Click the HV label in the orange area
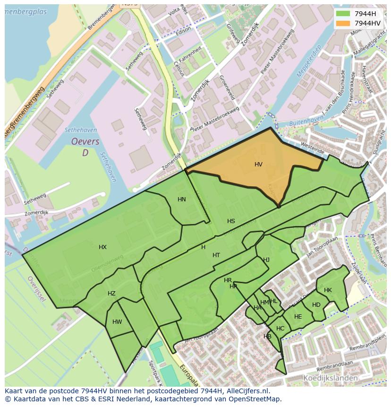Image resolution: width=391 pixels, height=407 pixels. click(x=258, y=165)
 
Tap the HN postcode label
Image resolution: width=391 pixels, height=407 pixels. click(x=182, y=199)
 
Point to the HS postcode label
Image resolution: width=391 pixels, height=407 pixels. click(x=231, y=221)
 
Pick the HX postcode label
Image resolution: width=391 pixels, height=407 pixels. click(x=102, y=247)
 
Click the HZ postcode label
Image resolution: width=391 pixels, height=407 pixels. click(x=111, y=294)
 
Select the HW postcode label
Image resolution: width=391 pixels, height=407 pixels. click(x=117, y=322)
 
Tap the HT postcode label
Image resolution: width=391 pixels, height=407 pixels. click(x=216, y=255)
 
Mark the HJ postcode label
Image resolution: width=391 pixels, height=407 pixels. click(x=266, y=260)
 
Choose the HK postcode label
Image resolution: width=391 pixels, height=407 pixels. click(x=328, y=290)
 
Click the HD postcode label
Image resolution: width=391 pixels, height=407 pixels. click(x=316, y=305)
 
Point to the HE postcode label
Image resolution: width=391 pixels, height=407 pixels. click(x=298, y=317)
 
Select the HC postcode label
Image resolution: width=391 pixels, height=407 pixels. click(x=280, y=329)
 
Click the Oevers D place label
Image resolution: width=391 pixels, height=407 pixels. click(x=85, y=147)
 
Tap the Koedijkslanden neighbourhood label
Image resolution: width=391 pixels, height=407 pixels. click(x=330, y=378)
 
